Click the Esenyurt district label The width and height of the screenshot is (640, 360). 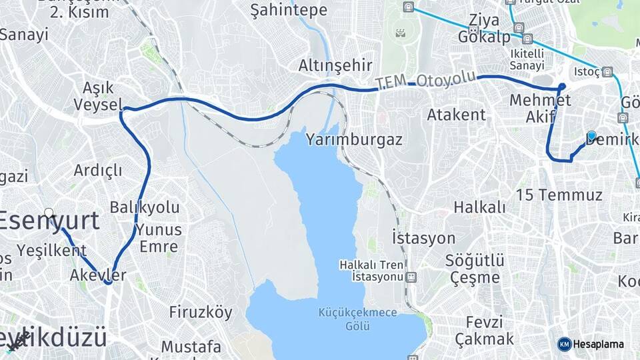coord(50,221)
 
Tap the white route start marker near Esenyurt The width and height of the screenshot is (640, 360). coord(49,213)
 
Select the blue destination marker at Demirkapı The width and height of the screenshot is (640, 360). coord(591,135)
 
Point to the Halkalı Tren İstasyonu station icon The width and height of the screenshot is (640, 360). coord(411,277)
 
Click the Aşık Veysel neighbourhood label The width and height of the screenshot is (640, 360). coord(99,96)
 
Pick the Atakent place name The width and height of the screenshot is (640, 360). coord(457,115)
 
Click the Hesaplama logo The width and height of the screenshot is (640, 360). coord(591,344)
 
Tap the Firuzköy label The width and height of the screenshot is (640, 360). coord(201,312)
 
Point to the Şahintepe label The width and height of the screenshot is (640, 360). coord(289,10)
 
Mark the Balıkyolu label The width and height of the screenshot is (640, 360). coord(145,207)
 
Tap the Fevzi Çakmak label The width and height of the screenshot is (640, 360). coord(485,329)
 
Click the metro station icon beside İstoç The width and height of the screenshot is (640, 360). coord(607,72)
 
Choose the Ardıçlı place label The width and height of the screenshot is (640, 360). coord(98,170)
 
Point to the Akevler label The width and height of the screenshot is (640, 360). coord(98,275)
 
